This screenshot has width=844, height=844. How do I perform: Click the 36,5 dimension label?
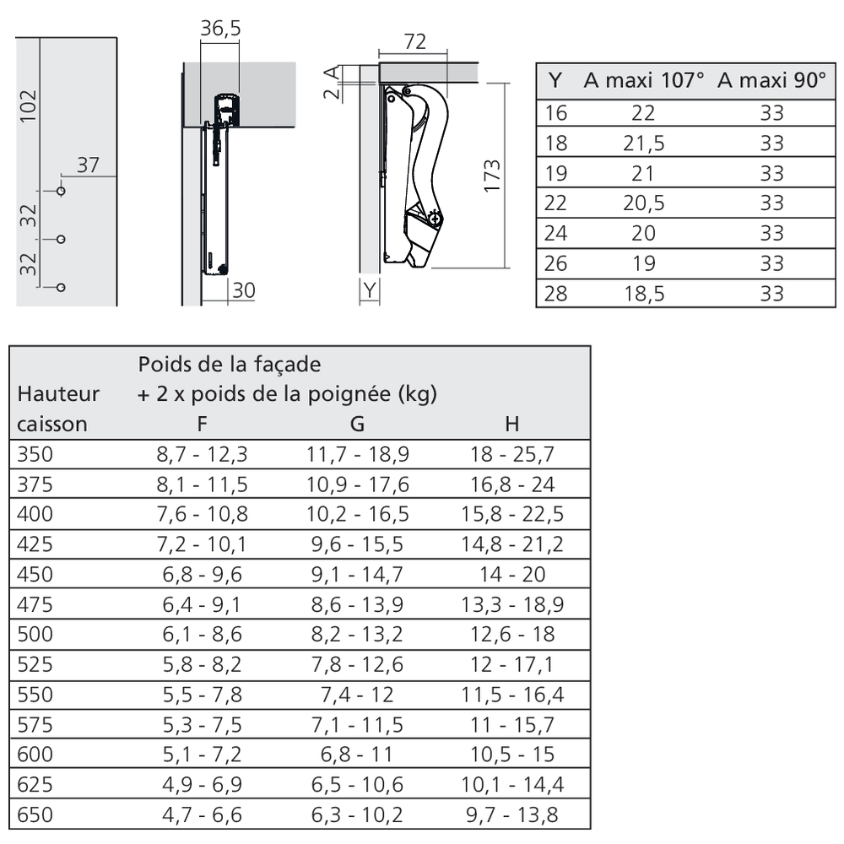(x=221, y=29)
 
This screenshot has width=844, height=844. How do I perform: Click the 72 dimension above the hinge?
(x=414, y=41)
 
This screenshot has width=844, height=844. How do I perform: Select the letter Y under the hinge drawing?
(x=370, y=291)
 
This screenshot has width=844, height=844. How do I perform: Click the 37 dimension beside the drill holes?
(x=88, y=165)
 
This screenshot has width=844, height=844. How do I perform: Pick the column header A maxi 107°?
(x=644, y=82)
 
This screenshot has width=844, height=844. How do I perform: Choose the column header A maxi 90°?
(x=771, y=82)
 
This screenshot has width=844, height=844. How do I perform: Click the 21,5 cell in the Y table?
(x=644, y=143)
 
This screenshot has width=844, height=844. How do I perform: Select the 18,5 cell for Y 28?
(x=644, y=293)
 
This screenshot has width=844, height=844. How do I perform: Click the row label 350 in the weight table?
(x=35, y=455)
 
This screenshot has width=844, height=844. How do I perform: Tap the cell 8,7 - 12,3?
(x=202, y=455)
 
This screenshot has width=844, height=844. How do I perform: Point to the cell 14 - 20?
(x=512, y=575)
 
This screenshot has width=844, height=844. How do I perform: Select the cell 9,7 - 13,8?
(x=512, y=814)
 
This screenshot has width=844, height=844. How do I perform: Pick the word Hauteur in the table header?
(x=58, y=393)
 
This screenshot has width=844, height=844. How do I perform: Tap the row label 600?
(x=35, y=755)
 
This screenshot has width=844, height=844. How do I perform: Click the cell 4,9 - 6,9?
(x=202, y=785)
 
